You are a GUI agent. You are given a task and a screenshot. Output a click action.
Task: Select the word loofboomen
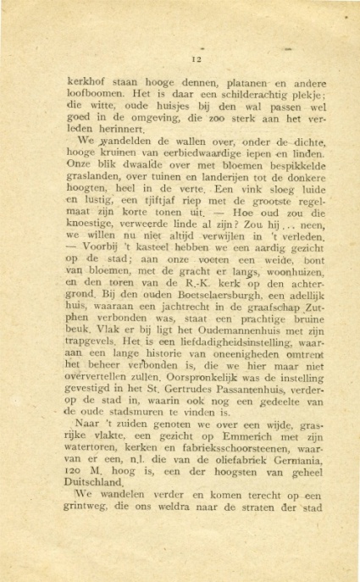pyautogui.click(x=94, y=96)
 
